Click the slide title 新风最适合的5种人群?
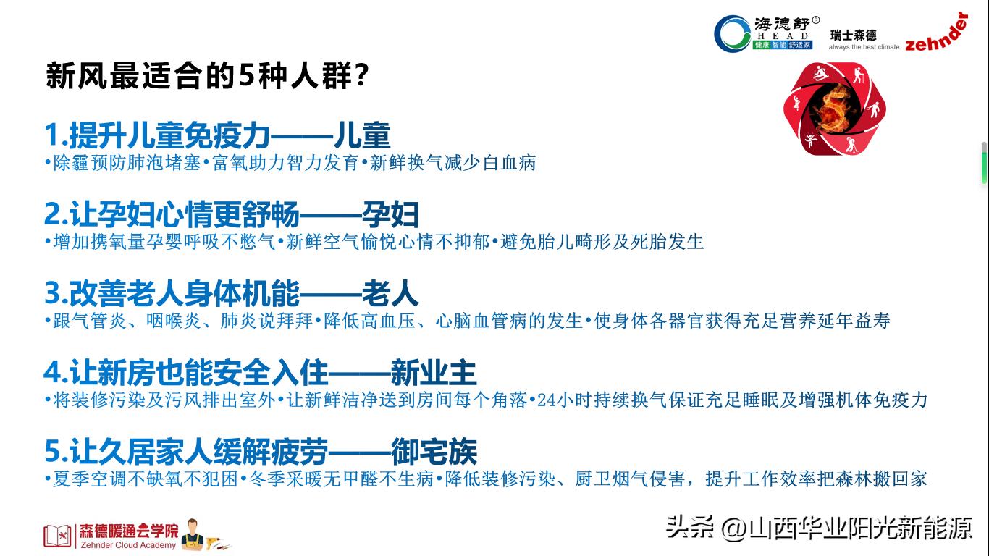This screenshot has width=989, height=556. click(208, 76)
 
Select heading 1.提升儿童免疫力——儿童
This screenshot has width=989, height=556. click(218, 135)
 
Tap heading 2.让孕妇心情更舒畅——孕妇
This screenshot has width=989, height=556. click(232, 214)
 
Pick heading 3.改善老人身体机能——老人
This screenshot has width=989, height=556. click(232, 293)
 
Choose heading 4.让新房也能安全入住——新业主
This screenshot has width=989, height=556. click(260, 373)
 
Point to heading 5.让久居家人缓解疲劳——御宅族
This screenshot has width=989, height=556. click(261, 452)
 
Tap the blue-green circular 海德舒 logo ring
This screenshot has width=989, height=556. click(732, 33)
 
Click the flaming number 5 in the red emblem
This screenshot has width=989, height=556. click(834, 109)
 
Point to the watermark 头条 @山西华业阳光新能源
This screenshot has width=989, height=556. click(819, 528)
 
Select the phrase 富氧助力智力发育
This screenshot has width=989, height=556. click(286, 163)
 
